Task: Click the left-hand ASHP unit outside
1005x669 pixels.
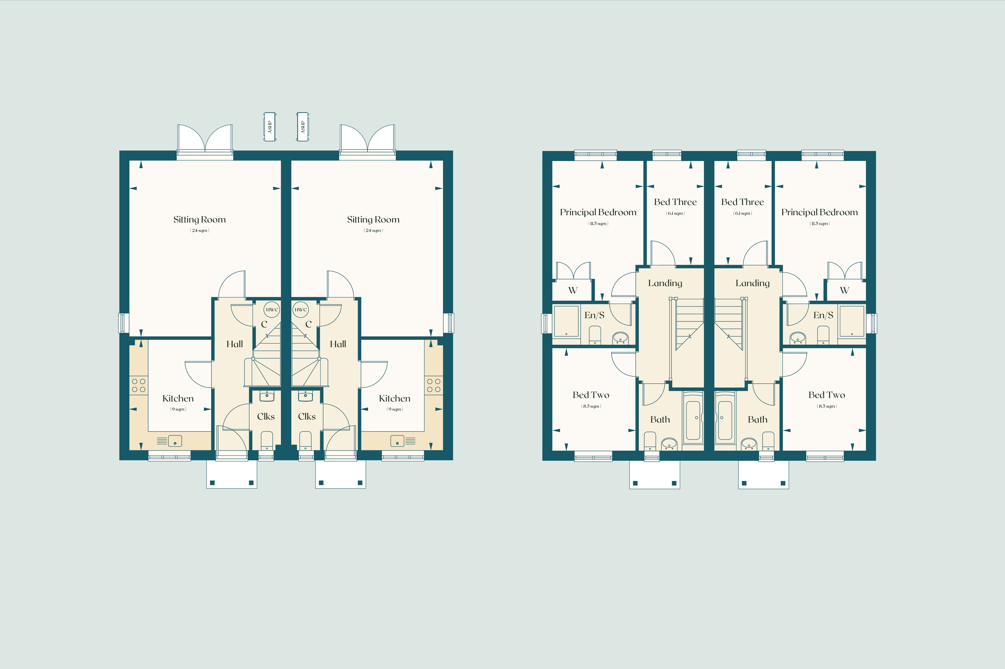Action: coord(269,127)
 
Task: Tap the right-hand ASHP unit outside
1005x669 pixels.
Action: coord(303,127)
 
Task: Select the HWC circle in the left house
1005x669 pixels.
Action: coord(272,310)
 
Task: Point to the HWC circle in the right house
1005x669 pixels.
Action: coord(300,310)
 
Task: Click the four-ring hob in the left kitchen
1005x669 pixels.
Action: coord(139,385)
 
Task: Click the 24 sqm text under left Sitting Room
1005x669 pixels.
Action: coord(200,230)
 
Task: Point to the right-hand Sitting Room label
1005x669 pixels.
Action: coord(373,220)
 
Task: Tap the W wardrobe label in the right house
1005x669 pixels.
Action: coord(844,291)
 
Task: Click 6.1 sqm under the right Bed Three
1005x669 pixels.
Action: coord(743,213)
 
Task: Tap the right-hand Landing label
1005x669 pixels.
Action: coord(752,283)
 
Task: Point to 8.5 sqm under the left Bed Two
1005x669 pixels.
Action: coord(591,406)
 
